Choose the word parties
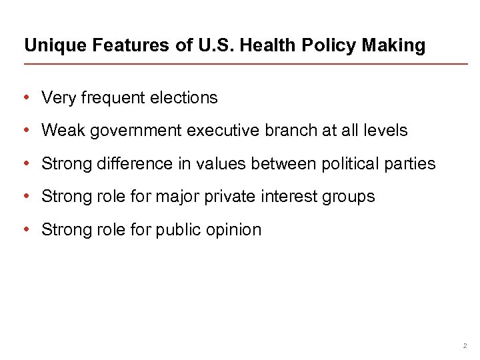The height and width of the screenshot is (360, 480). [x=412, y=163]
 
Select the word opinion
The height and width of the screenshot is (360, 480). [x=234, y=230]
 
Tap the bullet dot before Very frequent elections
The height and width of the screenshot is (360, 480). [x=25, y=98]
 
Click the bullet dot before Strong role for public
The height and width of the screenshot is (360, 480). [x=25, y=229]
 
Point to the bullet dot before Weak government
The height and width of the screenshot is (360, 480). [x=25, y=131]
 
